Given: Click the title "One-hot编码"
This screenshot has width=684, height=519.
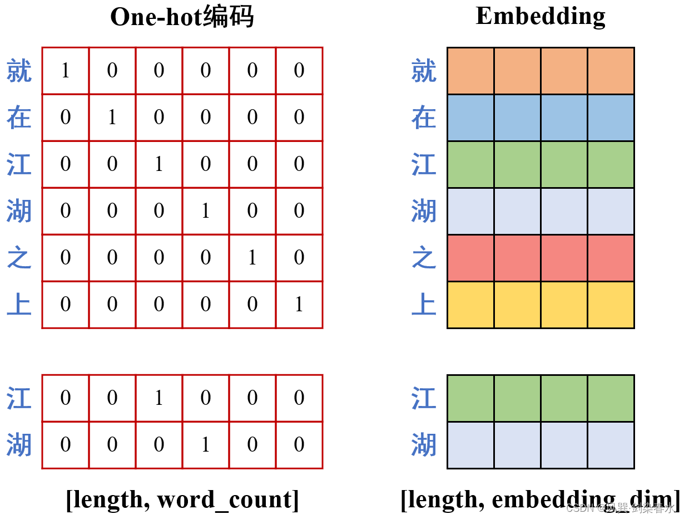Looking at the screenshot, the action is coord(182,17).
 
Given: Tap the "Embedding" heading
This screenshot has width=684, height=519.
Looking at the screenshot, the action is coord(540,16).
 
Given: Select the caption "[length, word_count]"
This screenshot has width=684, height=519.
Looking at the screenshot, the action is coord(182,500).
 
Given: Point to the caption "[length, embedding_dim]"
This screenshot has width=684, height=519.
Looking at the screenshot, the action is coord(539,500).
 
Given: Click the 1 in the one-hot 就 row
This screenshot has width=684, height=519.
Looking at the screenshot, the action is coord(66,71).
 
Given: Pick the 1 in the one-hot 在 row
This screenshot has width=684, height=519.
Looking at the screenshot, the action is coord(112,117).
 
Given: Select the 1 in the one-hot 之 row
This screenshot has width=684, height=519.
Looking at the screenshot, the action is coord(252,258).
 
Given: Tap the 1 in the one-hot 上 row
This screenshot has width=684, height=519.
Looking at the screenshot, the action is coord(299,305).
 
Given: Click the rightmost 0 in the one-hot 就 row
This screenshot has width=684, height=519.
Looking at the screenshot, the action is coord(299,71).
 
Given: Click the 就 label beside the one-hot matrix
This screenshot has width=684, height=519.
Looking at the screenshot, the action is coord(19,71).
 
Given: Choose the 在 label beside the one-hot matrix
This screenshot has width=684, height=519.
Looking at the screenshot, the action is coord(19,118).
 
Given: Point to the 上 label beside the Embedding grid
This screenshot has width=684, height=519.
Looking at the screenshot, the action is coord(424,305).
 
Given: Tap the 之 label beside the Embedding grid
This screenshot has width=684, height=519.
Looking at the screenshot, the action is coord(424,258).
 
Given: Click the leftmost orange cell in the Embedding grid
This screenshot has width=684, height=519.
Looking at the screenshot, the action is coord(471,71).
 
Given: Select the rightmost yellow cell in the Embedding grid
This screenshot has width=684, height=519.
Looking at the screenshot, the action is coord(611,305).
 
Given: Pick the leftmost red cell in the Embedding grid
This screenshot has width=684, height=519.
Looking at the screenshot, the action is coord(471,258).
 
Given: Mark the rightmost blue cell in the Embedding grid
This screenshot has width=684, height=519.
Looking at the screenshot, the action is coord(611,117).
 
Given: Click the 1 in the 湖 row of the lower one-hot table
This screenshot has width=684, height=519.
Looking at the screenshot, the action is coord(206,445).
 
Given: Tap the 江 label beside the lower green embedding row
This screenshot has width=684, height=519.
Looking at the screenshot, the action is coord(424,399).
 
